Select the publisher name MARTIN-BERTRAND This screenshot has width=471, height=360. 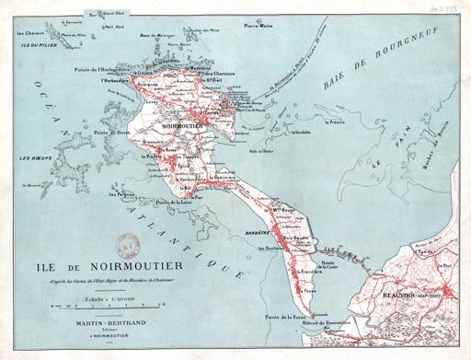coord(97,324)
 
